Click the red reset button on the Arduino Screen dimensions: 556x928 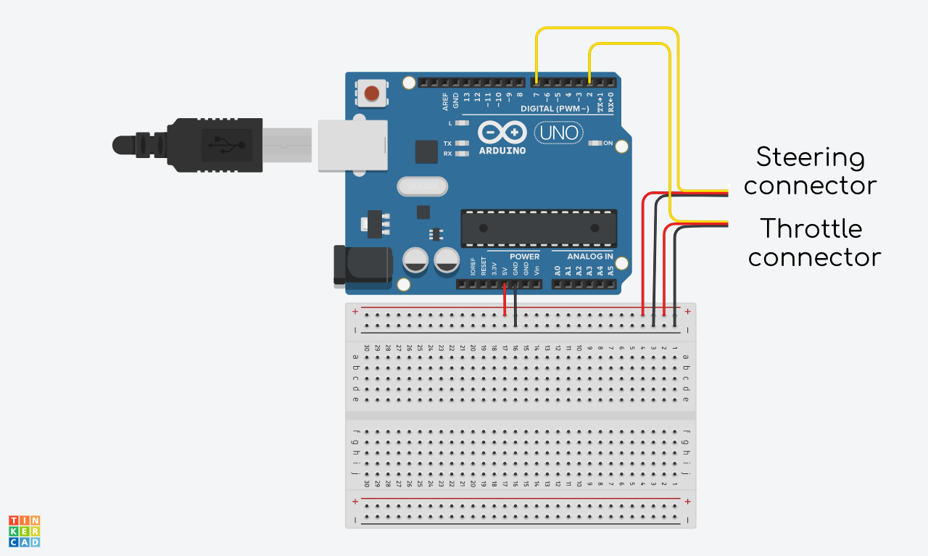[372, 93]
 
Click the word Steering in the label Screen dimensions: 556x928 [810, 157]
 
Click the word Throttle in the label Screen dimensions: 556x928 [811, 229]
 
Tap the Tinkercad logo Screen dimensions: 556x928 [24, 531]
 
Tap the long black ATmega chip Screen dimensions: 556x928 [539, 228]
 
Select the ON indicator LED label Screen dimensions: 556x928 [608, 143]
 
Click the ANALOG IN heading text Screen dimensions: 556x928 [589, 257]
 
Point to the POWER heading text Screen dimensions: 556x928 [524, 257]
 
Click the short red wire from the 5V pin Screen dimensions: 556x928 [505, 299]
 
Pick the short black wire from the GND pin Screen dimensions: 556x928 [515, 304]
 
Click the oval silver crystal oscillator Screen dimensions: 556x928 [423, 186]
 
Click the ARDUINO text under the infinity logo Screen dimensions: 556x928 [502, 151]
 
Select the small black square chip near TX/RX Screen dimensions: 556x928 [426, 152]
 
